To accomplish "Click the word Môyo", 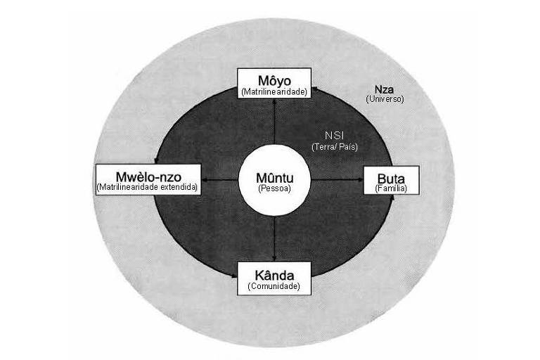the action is (x=274, y=81).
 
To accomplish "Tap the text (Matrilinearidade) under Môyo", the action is (x=274, y=92).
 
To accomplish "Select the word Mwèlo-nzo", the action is (x=148, y=176).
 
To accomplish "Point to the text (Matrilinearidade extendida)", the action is (x=148, y=187).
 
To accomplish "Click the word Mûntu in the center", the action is (x=274, y=178).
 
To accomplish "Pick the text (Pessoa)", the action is (x=274, y=188).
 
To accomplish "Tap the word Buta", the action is (x=391, y=179).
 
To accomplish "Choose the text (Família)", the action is (x=391, y=188).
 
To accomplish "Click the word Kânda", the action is (x=274, y=276).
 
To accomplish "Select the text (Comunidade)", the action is (x=274, y=286).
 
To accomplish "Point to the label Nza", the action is (x=384, y=89).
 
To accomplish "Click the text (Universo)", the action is (x=385, y=99).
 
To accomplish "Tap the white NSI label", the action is (x=335, y=136).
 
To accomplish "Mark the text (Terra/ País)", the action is (x=335, y=147).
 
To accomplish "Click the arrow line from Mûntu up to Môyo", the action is (x=274, y=121).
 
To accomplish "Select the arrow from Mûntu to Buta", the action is (x=337, y=179).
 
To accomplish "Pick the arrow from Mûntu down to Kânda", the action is (x=274, y=238).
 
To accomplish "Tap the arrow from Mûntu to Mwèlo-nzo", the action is (x=219, y=180).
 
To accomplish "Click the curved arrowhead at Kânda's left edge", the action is (x=235, y=275).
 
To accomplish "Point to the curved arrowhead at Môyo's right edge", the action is (x=314, y=89).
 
